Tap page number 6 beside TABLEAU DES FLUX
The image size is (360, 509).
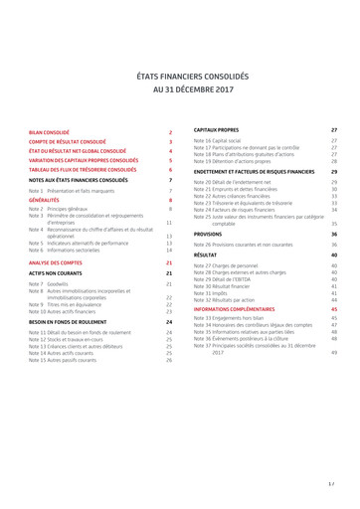tap(171, 170)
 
